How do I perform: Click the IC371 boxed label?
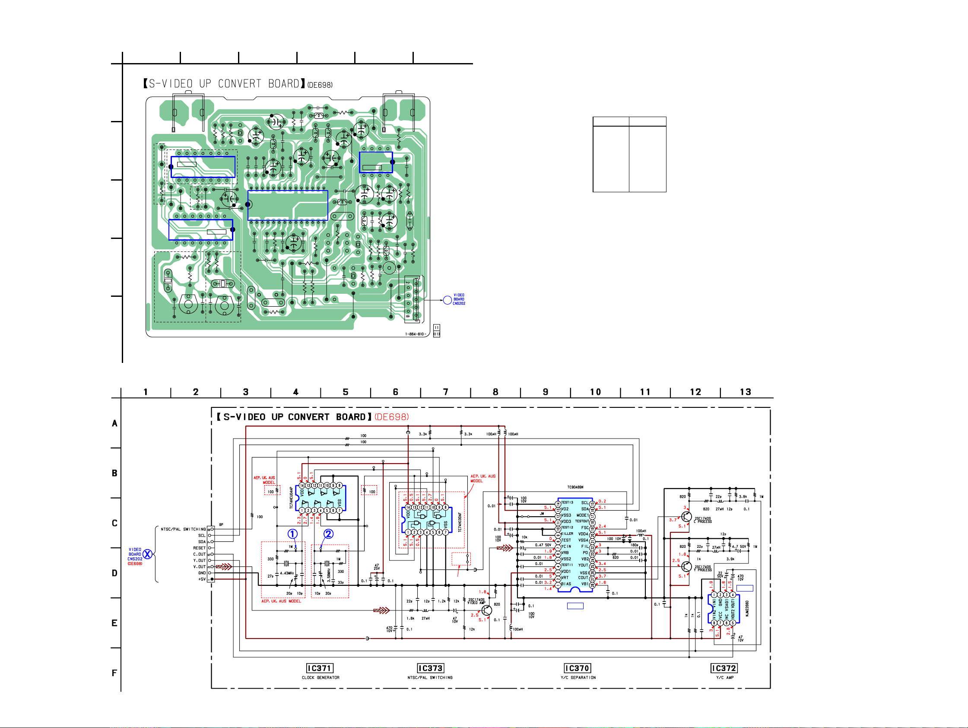[x=320, y=668]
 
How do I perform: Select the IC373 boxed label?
[x=431, y=668]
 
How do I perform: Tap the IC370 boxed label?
[x=577, y=668]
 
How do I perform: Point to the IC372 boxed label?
[x=724, y=668]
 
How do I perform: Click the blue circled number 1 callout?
[x=292, y=534]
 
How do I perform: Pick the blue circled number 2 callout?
[x=328, y=534]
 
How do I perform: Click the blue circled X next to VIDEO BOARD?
[x=147, y=554]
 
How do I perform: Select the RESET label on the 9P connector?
[x=199, y=548]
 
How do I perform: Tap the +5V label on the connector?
[x=201, y=579]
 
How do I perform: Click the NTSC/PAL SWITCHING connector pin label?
[x=183, y=529]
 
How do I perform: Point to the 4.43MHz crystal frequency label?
[x=287, y=573]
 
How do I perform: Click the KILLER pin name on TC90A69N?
[x=567, y=534]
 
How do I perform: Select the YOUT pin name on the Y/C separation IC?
[x=583, y=565]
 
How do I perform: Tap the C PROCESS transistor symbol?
[x=686, y=517]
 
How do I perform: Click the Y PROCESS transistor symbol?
[x=686, y=566]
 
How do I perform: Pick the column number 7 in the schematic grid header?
[x=445, y=392]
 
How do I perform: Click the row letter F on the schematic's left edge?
[x=114, y=673]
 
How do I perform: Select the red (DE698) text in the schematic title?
[x=392, y=417]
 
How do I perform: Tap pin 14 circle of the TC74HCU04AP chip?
[x=302, y=486]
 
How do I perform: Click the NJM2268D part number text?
[x=747, y=608]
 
